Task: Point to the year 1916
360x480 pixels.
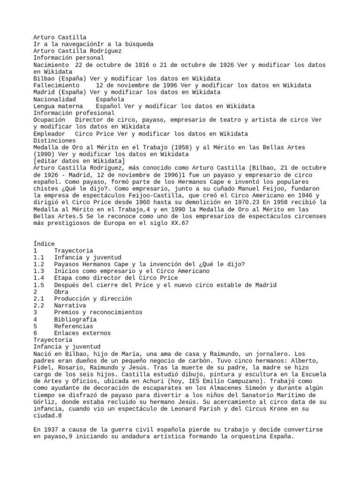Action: click(x=142, y=65)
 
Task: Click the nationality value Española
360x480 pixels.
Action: click(x=110, y=99)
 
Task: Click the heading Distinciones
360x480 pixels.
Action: click(x=54, y=141)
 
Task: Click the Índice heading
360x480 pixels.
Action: click(x=44, y=244)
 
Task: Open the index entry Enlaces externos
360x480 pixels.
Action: click(x=82, y=333)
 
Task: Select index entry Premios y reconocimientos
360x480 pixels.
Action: click(x=98, y=312)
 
